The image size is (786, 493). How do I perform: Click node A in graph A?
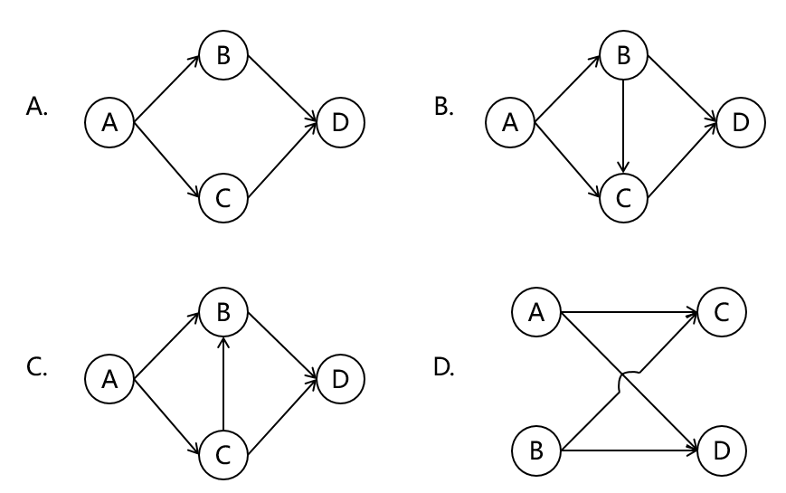[x=109, y=122]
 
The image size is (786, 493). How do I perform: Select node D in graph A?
[x=340, y=122]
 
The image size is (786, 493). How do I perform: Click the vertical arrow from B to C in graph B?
[x=624, y=124]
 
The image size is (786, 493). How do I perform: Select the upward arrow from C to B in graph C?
[x=223, y=380]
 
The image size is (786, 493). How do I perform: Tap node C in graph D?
[x=722, y=313]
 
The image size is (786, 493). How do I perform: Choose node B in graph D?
[x=536, y=450]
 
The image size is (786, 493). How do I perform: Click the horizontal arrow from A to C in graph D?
[x=629, y=313]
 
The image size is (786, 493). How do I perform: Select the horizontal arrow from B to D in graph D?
[x=629, y=450]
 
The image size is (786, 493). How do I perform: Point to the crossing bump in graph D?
[x=630, y=381]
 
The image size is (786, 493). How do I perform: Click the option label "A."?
[x=37, y=108]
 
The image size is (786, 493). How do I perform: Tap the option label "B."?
[x=444, y=108]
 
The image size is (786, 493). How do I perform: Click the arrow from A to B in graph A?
[x=166, y=88]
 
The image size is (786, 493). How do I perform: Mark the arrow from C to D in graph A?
[x=282, y=158]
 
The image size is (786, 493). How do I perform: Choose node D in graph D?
[x=722, y=450]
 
